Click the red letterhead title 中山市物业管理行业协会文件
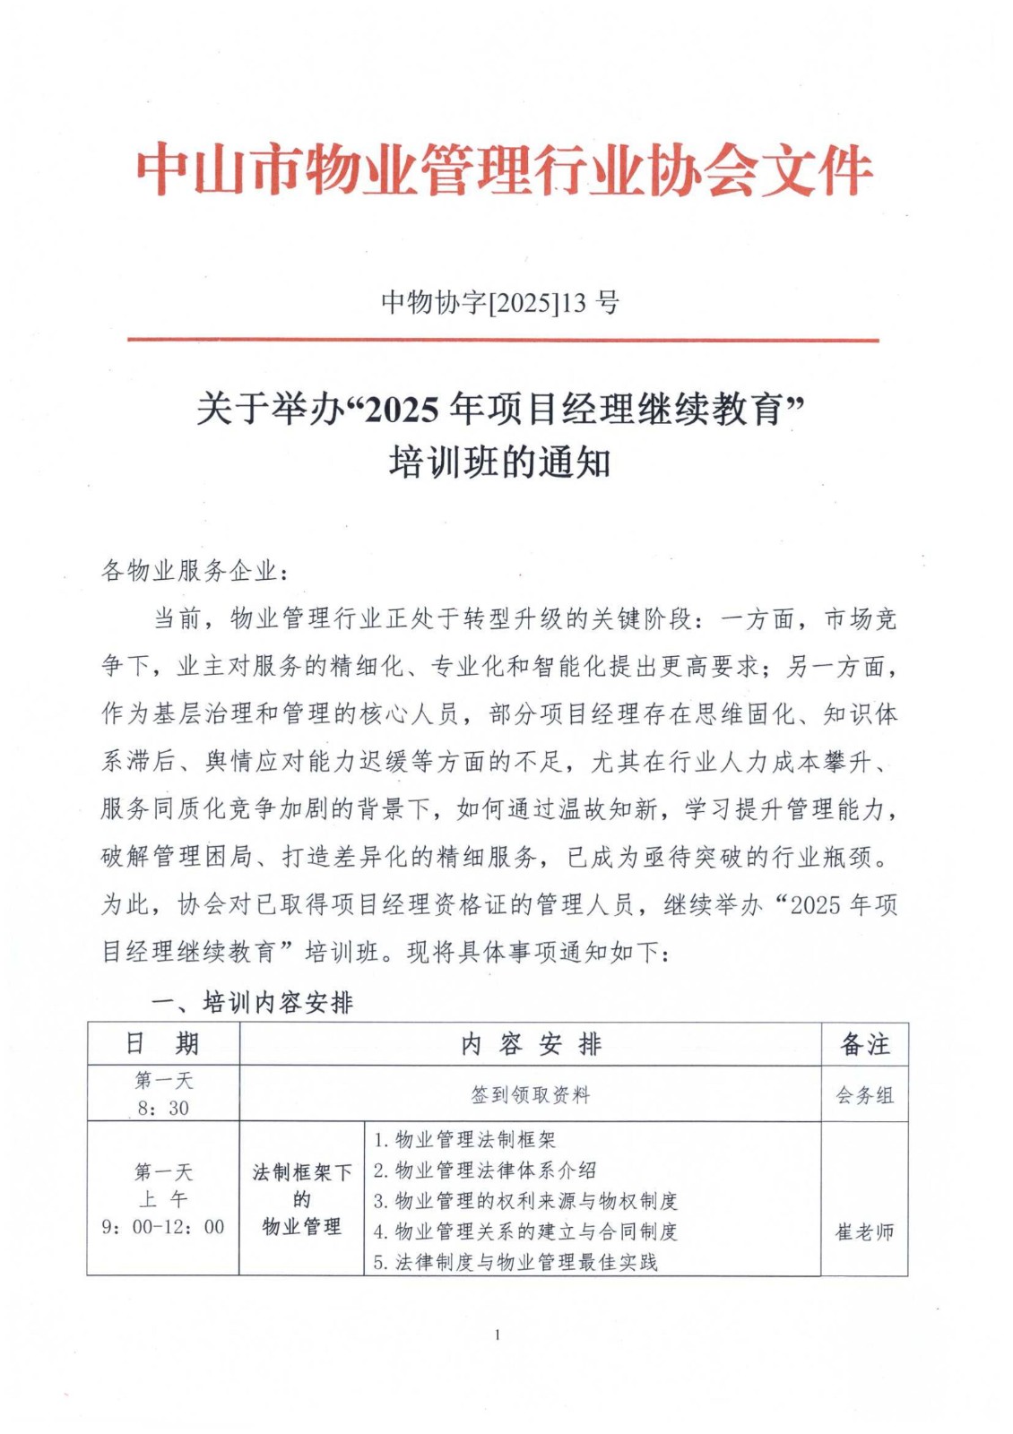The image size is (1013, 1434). click(x=505, y=169)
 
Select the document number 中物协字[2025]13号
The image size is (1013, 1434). click(x=499, y=303)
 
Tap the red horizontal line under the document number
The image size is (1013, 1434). click(x=502, y=341)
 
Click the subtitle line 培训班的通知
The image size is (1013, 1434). click(x=499, y=463)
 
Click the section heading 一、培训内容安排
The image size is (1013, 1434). click(x=252, y=1002)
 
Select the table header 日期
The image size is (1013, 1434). click(x=162, y=1044)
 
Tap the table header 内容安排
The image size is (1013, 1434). click(x=531, y=1044)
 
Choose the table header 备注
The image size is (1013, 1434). click(x=864, y=1044)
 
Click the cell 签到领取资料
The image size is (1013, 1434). click(x=531, y=1094)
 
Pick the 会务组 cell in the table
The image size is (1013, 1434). click(x=864, y=1095)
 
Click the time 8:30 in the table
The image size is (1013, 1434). click(x=163, y=1108)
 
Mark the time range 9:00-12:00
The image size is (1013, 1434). click(x=163, y=1227)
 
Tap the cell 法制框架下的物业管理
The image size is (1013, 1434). click(x=302, y=1199)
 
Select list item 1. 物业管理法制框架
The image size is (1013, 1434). click(x=464, y=1140)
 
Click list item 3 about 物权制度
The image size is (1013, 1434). click(x=525, y=1201)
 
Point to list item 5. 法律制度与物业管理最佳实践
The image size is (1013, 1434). click(x=515, y=1262)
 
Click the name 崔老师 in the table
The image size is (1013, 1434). click(x=864, y=1232)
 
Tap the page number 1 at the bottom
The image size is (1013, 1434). click(x=498, y=1335)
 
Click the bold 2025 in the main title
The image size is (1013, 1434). click(x=398, y=410)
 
